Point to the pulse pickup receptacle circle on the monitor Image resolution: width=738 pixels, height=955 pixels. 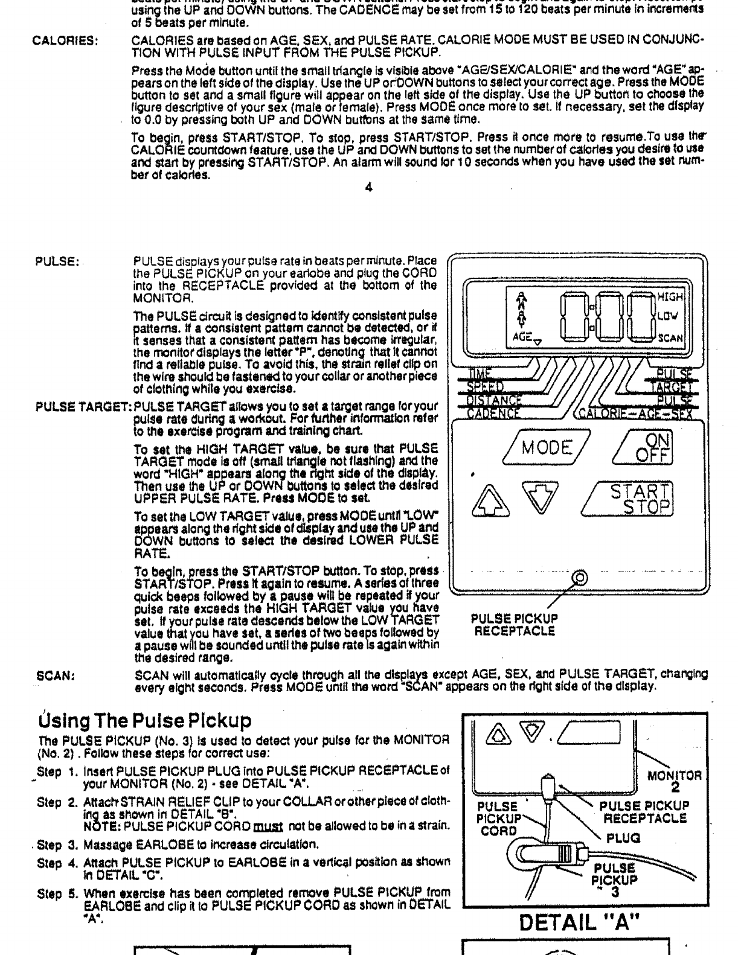[579, 577]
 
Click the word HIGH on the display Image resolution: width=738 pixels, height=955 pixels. [670, 297]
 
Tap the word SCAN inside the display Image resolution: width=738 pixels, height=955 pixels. [670, 339]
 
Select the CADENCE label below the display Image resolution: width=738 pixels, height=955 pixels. [493, 413]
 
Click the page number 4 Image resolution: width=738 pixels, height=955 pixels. [369, 187]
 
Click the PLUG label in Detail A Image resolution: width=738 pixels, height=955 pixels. [623, 838]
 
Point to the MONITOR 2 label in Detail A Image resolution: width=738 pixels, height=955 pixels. [675, 781]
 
